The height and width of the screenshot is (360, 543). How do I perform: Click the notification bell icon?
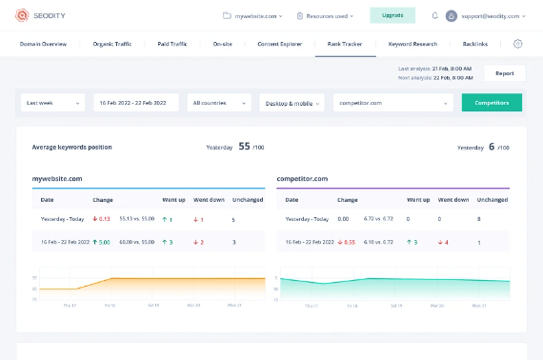pyautogui.click(x=434, y=15)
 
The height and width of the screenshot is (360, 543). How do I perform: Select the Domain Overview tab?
pyautogui.click(x=44, y=44)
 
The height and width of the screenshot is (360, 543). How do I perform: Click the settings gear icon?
pyautogui.click(x=518, y=44)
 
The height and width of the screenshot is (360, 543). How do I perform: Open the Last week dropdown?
pyautogui.click(x=52, y=102)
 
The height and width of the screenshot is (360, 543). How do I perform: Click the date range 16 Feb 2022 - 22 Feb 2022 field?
pyautogui.click(x=135, y=102)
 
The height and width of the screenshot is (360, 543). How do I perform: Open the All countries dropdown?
pyautogui.click(x=218, y=102)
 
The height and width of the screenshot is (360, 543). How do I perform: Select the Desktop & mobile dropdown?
pyautogui.click(x=292, y=102)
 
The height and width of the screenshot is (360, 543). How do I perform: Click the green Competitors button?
pyautogui.click(x=492, y=102)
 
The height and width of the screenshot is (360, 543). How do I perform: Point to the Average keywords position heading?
pyautogui.click(x=71, y=148)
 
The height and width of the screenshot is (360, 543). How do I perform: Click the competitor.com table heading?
pyautogui.click(x=303, y=178)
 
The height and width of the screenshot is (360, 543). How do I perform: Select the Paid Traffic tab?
pyautogui.click(x=171, y=44)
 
